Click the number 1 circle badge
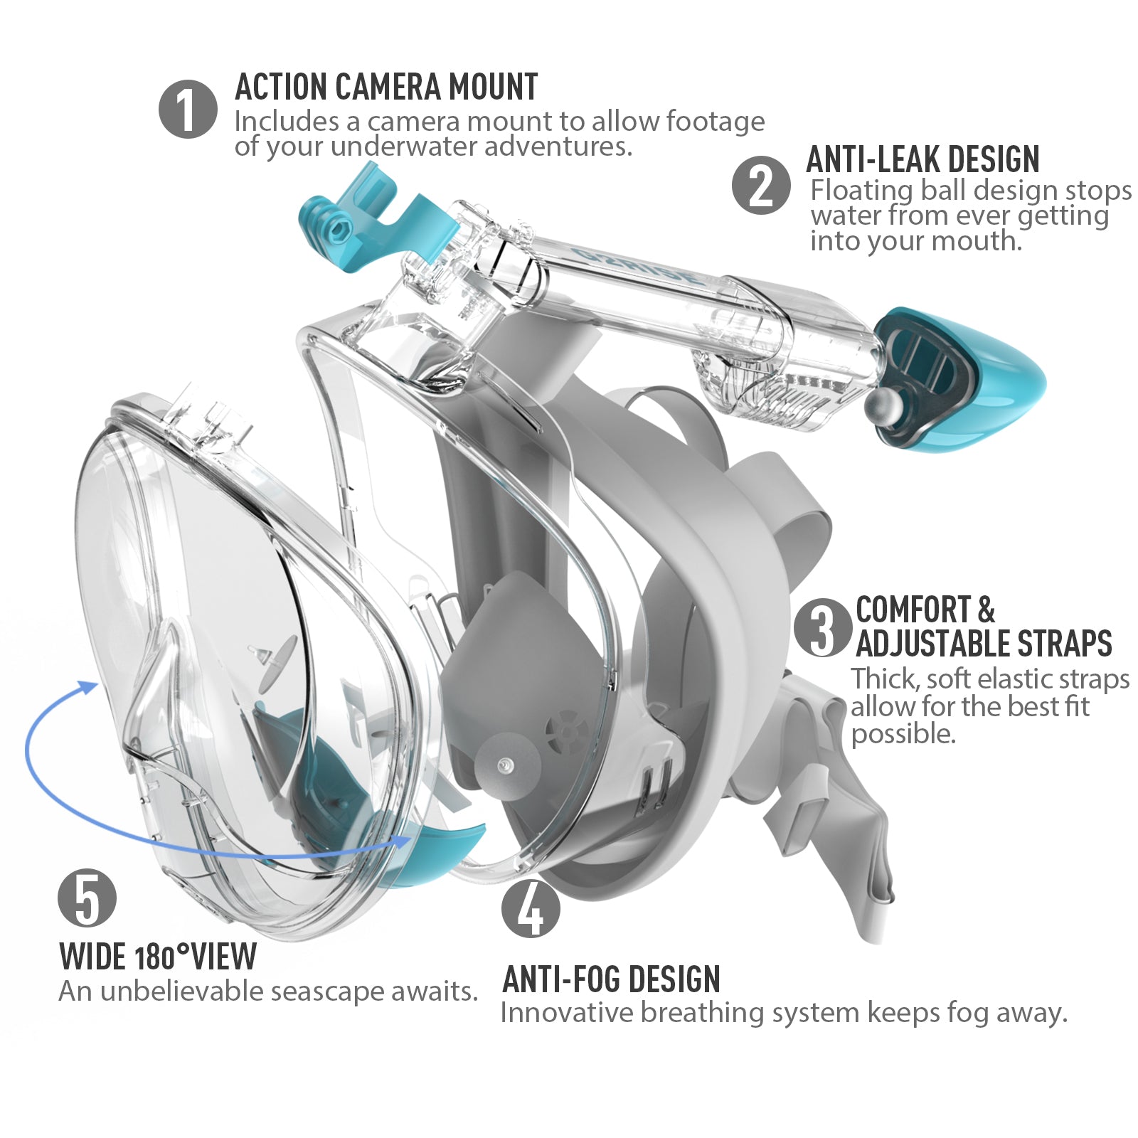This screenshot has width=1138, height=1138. (188, 109)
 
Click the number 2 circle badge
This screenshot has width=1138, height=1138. (761, 185)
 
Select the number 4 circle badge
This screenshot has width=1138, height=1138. (531, 908)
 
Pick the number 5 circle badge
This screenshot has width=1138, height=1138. (87, 898)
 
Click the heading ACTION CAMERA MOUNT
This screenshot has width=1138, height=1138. (386, 87)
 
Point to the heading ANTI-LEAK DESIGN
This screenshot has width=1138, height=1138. (922, 159)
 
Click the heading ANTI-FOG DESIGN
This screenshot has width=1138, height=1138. (612, 979)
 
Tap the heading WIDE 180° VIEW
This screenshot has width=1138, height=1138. (158, 957)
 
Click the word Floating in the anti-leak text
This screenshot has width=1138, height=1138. (861, 191)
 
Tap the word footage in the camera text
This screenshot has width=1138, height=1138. (715, 122)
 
